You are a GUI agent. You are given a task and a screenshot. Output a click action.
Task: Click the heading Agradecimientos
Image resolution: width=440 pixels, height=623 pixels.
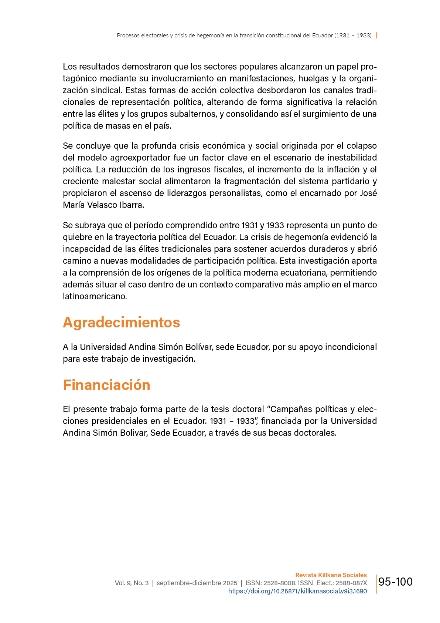click(121, 322)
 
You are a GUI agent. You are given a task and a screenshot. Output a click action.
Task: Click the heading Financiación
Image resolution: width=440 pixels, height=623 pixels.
click(106, 385)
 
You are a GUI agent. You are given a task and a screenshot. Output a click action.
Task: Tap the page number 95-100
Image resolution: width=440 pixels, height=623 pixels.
click(395, 582)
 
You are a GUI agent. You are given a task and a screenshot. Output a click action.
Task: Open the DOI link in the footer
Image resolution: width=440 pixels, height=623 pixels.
click(297, 591)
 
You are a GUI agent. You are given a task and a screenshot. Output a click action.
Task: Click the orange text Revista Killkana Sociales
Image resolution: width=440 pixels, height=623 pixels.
click(331, 575)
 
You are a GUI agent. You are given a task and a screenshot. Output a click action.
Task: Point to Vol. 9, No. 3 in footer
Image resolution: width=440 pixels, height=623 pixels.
click(132, 583)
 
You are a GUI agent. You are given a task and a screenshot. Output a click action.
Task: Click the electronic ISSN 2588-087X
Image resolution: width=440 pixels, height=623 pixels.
click(351, 583)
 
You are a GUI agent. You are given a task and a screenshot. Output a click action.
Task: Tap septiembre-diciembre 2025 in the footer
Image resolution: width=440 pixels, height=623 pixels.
click(197, 583)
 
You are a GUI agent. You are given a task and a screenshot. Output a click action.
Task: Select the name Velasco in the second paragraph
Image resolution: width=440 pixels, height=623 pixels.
click(102, 205)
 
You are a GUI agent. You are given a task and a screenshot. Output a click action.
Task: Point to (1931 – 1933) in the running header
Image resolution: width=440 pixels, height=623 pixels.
click(353, 36)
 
